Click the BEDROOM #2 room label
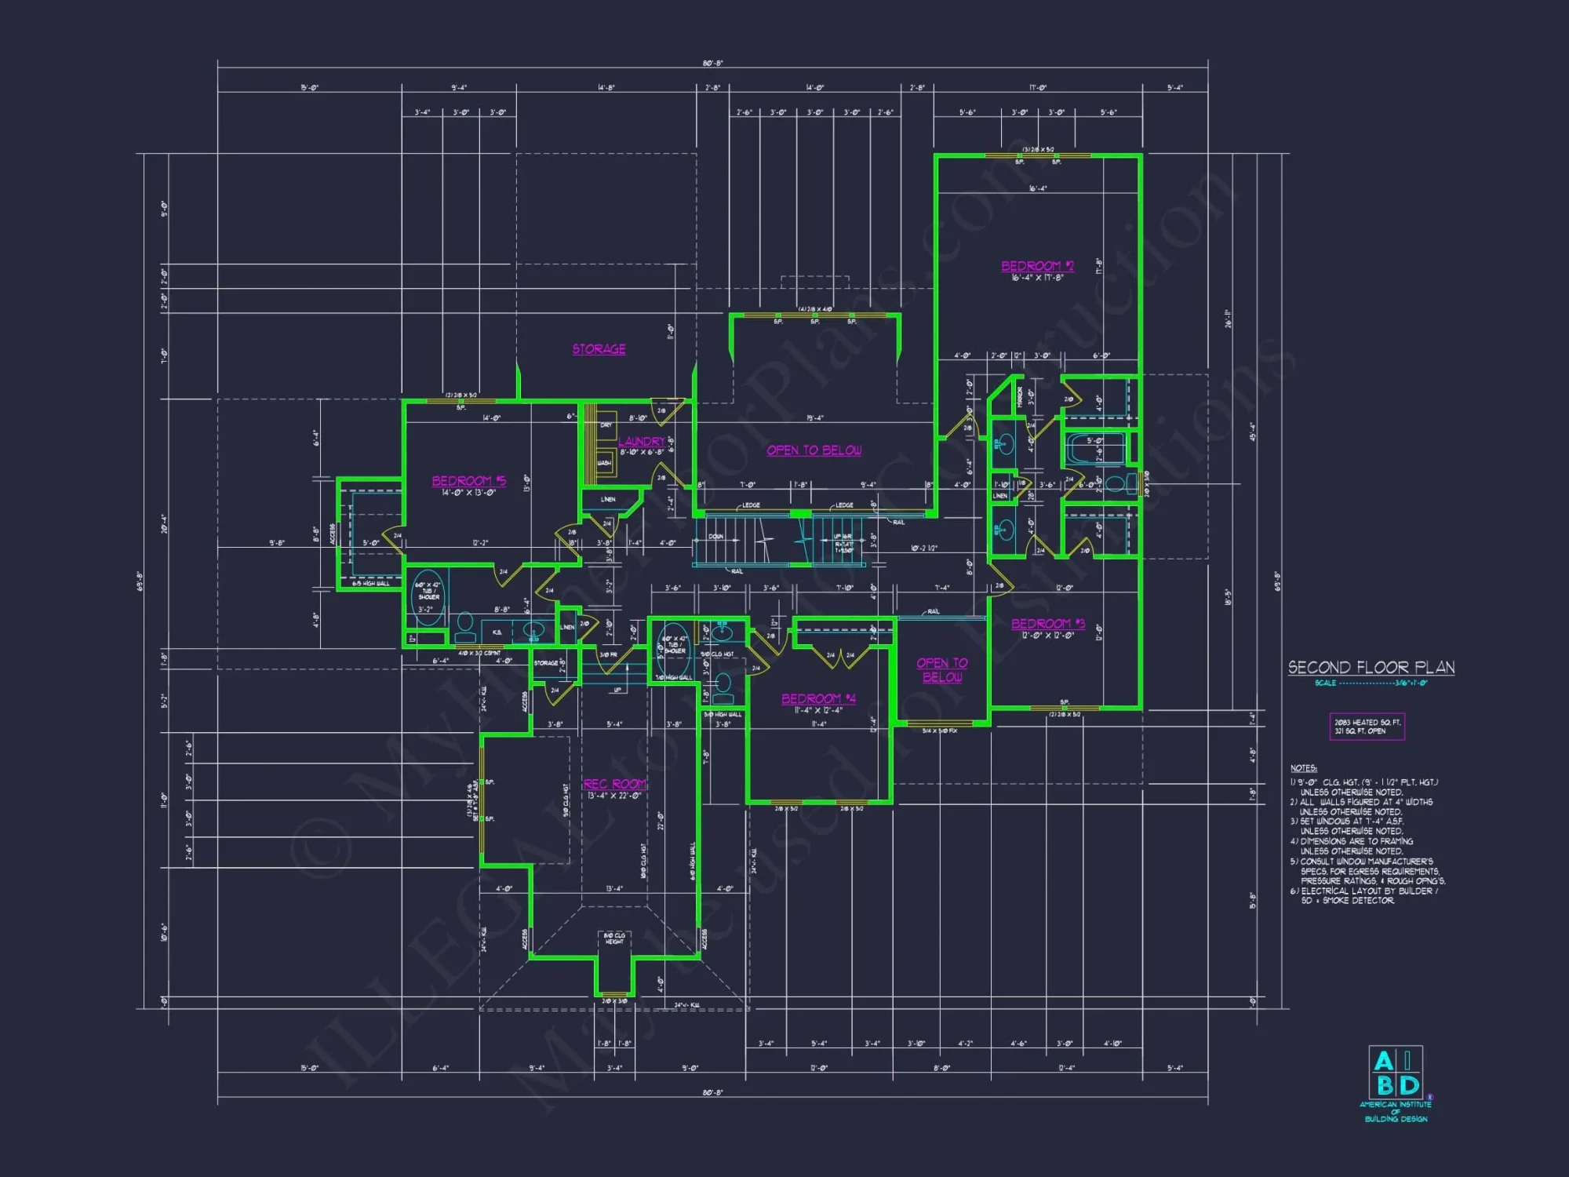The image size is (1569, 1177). click(x=1036, y=266)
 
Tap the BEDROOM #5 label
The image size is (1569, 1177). click(x=468, y=481)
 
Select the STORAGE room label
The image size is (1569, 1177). click(x=599, y=349)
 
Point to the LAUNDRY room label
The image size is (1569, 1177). click(x=641, y=442)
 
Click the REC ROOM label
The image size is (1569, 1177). click(x=614, y=784)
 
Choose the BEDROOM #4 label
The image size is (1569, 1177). click(x=818, y=698)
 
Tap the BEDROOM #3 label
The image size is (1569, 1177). click(x=1047, y=624)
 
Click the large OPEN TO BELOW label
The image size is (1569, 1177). click(x=814, y=450)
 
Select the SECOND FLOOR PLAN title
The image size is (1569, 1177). click(x=1371, y=668)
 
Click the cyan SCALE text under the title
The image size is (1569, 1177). click(x=1371, y=683)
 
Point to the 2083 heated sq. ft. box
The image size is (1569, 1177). click(x=1367, y=727)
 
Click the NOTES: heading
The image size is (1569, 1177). click(x=1303, y=768)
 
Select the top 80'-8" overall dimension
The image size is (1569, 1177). click(x=712, y=64)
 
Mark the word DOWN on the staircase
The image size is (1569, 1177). click(x=715, y=537)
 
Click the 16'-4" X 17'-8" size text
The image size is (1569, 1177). click(x=1036, y=278)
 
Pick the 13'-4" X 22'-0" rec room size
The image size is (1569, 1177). click(x=614, y=796)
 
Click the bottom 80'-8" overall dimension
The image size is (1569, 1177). click(x=712, y=1092)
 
